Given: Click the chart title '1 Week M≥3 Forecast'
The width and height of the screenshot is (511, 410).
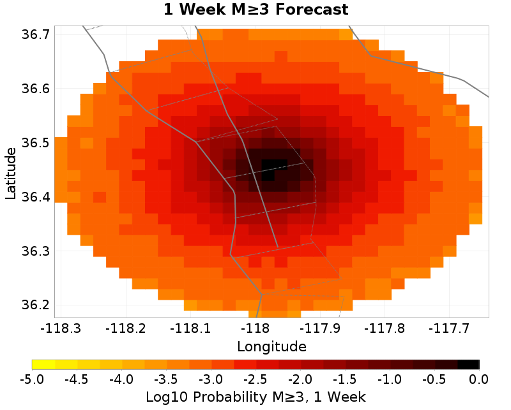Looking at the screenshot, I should [x=256, y=10].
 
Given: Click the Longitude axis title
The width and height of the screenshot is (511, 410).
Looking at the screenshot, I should [x=271, y=347].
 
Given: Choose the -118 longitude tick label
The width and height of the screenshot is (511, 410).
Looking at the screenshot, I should [x=256, y=328].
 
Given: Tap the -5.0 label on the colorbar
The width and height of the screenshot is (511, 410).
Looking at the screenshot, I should [x=32, y=379].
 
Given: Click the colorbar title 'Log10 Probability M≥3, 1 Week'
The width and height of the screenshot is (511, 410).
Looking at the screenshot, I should [x=256, y=397].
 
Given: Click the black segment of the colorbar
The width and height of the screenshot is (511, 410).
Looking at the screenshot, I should [x=468, y=364].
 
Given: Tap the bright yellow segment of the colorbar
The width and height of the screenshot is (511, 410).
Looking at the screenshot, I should [x=43, y=364].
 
